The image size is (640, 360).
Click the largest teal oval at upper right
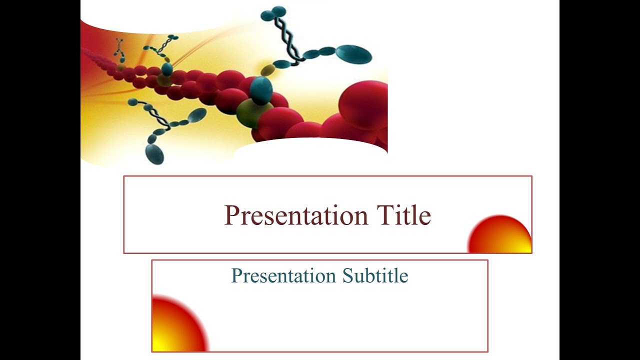click(x=353, y=54)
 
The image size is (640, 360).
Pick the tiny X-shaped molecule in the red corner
click(x=119, y=49)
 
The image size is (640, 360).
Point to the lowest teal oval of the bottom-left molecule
click(x=154, y=154)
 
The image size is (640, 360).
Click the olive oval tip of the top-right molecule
click(x=268, y=69)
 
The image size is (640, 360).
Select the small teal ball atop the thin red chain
click(x=167, y=68)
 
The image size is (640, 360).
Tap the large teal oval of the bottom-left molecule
click(x=197, y=115)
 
